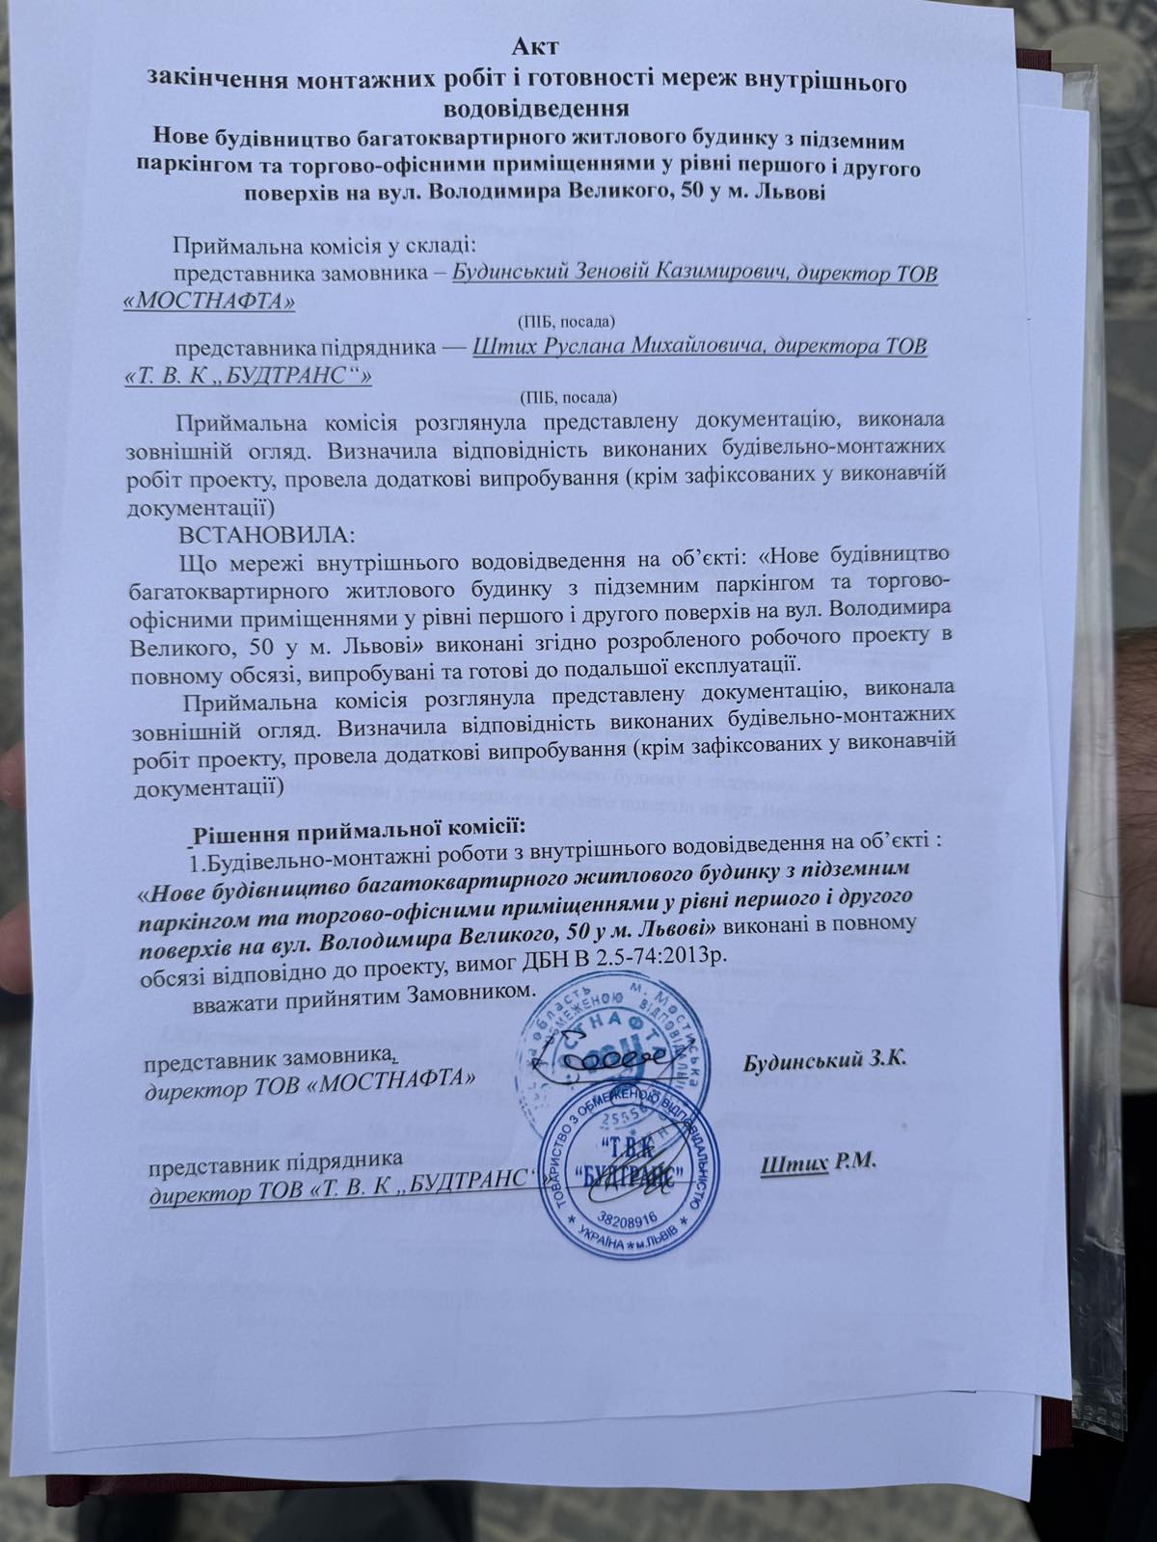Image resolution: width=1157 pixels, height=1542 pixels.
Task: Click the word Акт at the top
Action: coord(535,44)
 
